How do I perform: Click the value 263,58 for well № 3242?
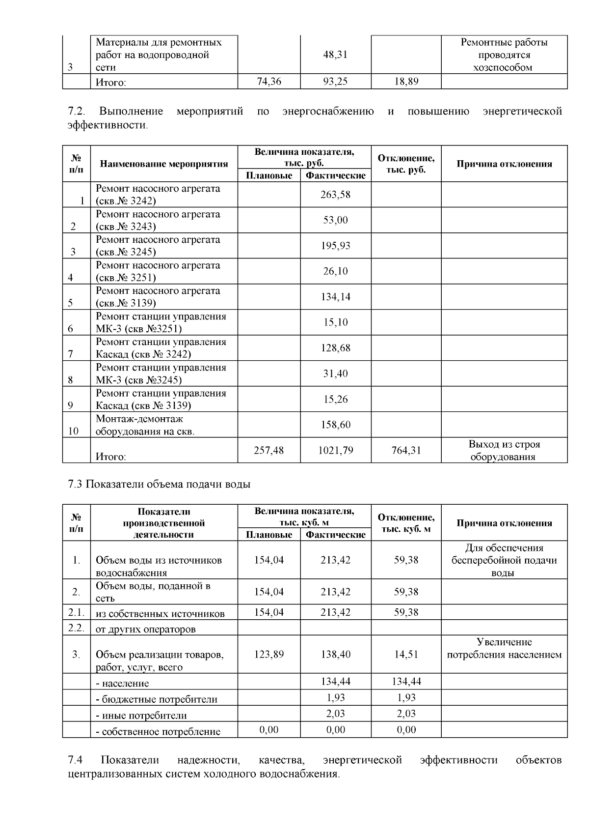(335, 195)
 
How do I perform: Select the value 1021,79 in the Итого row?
(335, 450)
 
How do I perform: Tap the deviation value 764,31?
(406, 450)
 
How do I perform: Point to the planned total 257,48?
(268, 450)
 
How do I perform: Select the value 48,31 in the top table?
(335, 55)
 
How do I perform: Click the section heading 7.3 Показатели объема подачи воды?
(159, 484)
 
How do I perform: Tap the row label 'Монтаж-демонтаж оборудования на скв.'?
(145, 425)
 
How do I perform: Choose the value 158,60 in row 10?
(335, 425)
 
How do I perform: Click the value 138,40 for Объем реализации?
(335, 655)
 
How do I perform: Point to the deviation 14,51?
(406, 655)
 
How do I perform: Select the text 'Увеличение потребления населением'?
(504, 648)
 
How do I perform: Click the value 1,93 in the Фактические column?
(335, 697)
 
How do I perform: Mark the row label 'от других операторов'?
(145, 629)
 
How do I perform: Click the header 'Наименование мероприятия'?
(164, 164)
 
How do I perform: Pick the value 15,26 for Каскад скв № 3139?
(335, 399)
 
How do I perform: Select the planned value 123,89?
(268, 655)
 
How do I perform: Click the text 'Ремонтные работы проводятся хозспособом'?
(504, 55)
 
